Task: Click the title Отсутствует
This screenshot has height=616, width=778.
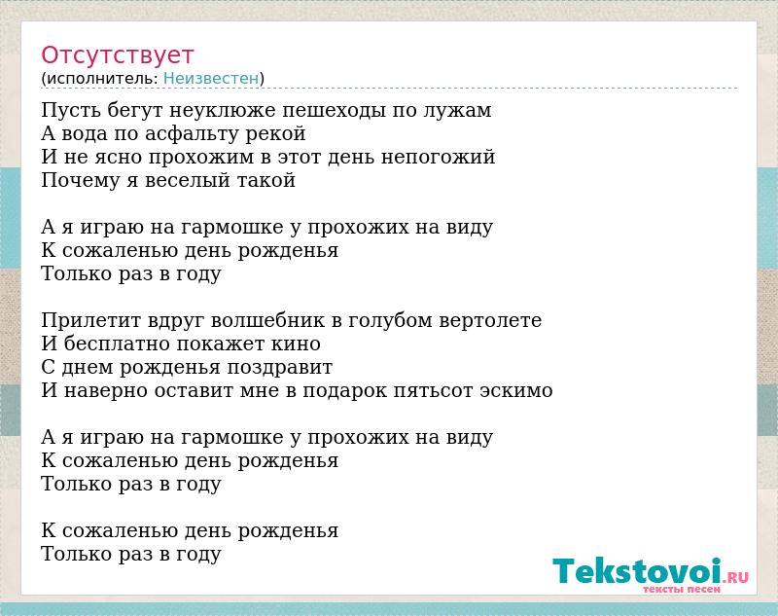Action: coord(117,55)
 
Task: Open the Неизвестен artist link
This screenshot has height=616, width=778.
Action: coord(211,79)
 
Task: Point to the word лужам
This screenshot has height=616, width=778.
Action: coord(457,111)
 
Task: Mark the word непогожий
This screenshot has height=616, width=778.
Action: coord(439,158)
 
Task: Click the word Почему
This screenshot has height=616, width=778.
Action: coord(80,181)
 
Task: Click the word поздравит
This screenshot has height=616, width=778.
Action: coord(280,368)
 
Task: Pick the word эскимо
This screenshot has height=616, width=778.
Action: coord(516,391)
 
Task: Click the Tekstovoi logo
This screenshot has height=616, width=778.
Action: coord(651,574)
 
